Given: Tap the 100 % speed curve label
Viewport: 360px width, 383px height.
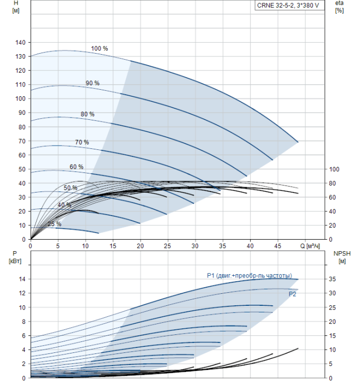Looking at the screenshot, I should [99, 49].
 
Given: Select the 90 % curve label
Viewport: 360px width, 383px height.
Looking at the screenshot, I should [92, 83].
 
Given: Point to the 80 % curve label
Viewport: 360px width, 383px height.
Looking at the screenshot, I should [87, 114].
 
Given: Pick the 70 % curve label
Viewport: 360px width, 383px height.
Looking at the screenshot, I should [82, 142].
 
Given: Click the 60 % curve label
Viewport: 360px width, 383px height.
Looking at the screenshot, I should [76, 167].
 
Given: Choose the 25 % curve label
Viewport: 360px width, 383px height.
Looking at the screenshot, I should [54, 224].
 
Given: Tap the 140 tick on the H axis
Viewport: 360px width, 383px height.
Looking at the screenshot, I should [20, 43].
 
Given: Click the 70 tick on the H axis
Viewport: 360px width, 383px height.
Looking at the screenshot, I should [22, 141].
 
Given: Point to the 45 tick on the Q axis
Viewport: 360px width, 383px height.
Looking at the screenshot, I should [278, 246].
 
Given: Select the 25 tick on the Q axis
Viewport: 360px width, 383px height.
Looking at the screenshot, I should [167, 246].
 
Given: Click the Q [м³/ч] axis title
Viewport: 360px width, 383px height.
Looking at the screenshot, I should [311, 246].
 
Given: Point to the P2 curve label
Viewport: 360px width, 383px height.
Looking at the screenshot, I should [293, 294].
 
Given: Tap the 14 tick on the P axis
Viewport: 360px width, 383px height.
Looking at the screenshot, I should [22, 279].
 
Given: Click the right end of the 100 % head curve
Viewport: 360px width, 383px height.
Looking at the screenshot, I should [298, 142].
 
